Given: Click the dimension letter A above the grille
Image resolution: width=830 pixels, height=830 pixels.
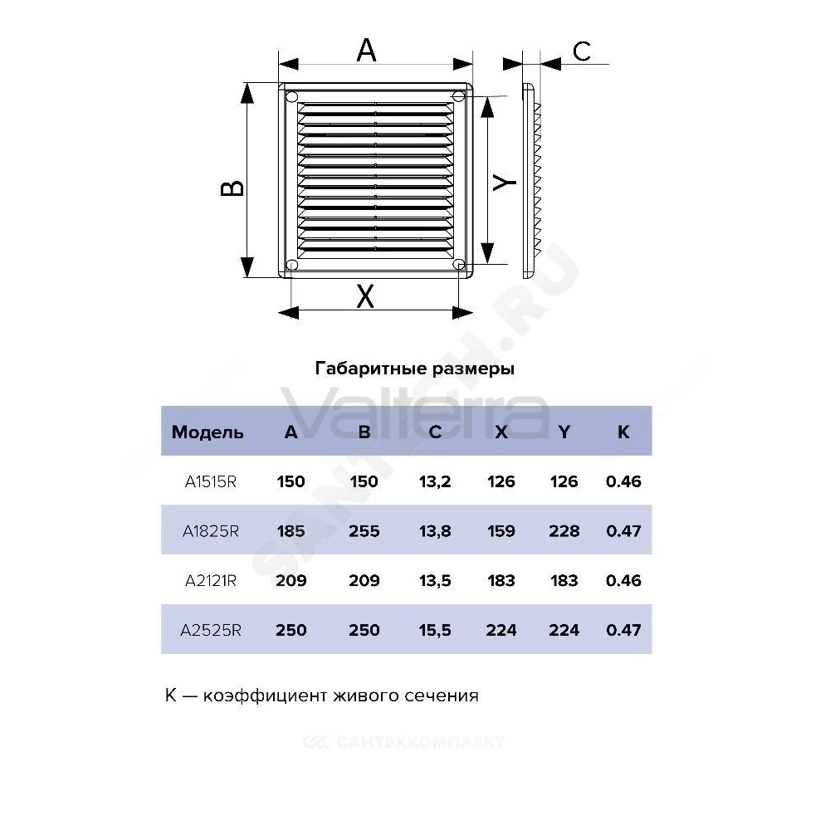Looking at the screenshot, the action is click(x=366, y=51).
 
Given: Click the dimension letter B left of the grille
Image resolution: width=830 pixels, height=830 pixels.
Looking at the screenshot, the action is click(x=232, y=188).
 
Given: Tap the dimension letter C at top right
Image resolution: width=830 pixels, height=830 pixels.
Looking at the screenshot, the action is click(x=582, y=51).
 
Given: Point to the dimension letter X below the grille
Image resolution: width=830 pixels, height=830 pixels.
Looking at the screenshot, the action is click(x=365, y=296).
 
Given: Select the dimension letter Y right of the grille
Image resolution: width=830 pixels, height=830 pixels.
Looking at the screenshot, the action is click(x=504, y=182).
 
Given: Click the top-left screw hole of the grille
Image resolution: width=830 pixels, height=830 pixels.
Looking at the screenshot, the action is click(x=292, y=97).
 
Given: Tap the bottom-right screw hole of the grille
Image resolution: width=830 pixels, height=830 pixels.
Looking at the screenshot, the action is click(x=459, y=264).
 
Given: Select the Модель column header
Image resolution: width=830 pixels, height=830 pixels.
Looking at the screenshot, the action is click(x=207, y=432).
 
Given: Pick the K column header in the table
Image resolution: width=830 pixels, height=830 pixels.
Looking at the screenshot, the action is click(x=623, y=432).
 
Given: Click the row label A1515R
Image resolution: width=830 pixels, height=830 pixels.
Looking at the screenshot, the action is click(x=211, y=481).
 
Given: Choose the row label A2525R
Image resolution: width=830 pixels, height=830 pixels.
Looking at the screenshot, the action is click(x=211, y=630).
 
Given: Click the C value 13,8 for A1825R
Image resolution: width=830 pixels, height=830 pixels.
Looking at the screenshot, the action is click(x=435, y=531).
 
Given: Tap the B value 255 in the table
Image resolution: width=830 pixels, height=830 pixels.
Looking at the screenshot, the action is click(x=364, y=531).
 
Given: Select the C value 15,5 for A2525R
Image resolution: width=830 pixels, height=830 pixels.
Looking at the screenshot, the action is click(x=435, y=630).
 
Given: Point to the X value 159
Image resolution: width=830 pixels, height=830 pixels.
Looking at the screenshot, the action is click(x=501, y=531).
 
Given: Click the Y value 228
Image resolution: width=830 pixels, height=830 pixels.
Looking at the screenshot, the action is click(x=564, y=531).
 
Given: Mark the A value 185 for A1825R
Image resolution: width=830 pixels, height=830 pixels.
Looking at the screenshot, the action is click(x=291, y=531).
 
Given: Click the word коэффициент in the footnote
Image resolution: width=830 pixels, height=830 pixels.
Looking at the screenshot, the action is click(x=265, y=696).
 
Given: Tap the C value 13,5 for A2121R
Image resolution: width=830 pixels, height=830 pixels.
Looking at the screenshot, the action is click(x=435, y=581).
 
